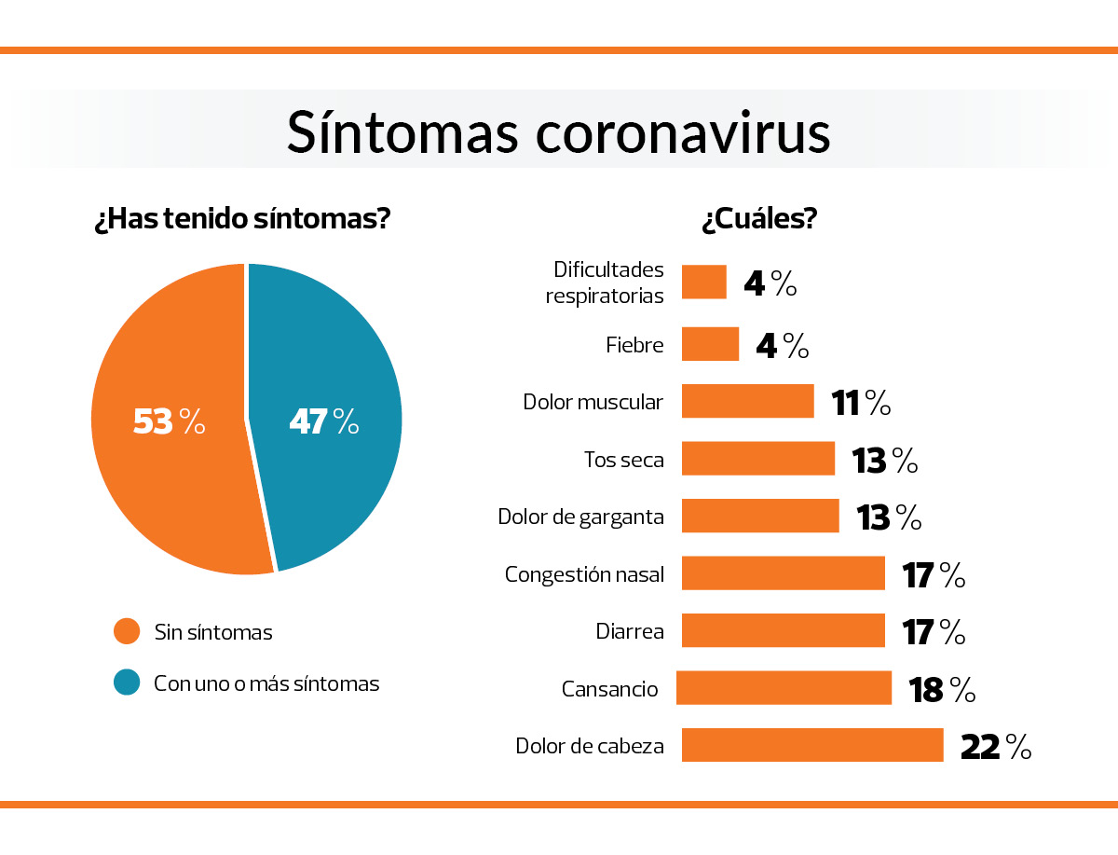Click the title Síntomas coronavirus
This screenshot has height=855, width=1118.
click(x=558, y=131)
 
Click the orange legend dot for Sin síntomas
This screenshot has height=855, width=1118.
click(x=127, y=631)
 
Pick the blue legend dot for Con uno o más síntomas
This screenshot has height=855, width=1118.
click(x=127, y=683)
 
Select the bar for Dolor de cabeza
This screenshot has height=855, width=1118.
click(x=811, y=745)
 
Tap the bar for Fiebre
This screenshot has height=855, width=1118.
click(x=710, y=344)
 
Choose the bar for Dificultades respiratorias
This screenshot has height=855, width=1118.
click(x=703, y=282)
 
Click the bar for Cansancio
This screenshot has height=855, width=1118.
click(x=784, y=688)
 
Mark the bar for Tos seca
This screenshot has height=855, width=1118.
click(x=757, y=459)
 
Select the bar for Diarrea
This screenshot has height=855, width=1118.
click(x=783, y=630)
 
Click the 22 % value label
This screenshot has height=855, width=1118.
click(x=995, y=746)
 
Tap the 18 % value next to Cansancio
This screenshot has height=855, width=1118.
click(x=941, y=689)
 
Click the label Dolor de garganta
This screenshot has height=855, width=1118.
click(x=580, y=517)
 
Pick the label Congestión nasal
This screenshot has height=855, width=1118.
click(x=584, y=573)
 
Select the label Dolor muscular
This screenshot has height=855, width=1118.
click(x=593, y=402)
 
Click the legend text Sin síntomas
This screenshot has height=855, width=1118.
click(x=213, y=632)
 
